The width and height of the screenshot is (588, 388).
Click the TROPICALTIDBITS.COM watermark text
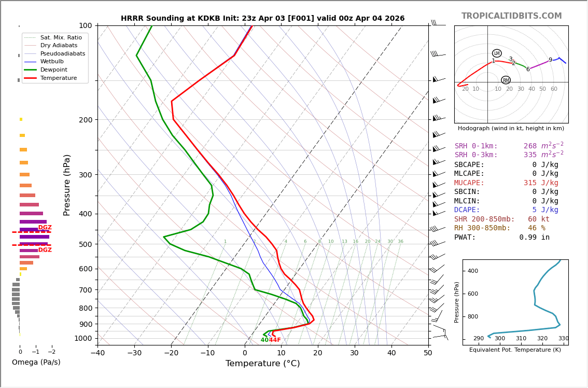pos(511,16)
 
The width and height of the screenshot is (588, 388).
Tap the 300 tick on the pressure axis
pos(85,175)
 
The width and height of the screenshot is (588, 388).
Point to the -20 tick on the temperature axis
pos(171,353)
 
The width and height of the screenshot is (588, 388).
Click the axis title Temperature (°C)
pos(262,364)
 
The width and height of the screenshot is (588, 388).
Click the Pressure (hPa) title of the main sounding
pos(67,185)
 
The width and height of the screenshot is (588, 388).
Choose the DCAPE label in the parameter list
pos(467,210)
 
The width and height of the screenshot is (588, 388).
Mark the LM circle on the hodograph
pos(497,53)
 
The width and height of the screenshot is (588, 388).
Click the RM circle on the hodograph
pos(506,80)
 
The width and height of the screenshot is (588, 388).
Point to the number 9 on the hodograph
pos(550,60)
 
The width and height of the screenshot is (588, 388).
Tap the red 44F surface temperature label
pos(275,340)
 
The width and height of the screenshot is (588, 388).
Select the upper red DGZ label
pos(45,228)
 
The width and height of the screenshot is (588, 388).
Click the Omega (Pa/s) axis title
pos(36,363)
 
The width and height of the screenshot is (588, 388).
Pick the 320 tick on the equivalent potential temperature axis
pos(542,339)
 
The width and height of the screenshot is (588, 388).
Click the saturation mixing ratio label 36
pos(400,242)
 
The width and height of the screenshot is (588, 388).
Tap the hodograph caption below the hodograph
pos(511,129)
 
